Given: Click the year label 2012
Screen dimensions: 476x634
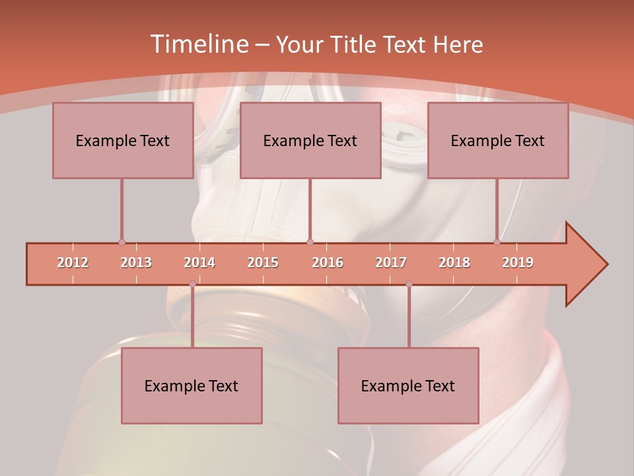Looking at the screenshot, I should (x=73, y=262).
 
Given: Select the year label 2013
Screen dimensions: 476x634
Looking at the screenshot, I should (x=136, y=262).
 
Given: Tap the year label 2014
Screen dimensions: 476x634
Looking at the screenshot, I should (x=199, y=262).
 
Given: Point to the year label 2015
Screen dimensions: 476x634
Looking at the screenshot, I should (x=263, y=262).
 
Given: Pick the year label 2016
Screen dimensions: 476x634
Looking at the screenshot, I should (x=328, y=262).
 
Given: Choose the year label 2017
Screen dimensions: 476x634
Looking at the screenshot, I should (x=391, y=262).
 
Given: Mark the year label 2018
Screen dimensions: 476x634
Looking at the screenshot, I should (x=454, y=262).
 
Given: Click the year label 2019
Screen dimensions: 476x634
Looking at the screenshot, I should (x=518, y=262).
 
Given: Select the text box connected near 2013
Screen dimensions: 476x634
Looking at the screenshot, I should (x=123, y=140).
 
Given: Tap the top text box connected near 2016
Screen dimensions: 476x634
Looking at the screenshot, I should (x=310, y=140).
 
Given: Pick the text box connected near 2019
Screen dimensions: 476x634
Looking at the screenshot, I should (x=498, y=140).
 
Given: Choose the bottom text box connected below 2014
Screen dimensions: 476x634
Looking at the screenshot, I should (x=192, y=385).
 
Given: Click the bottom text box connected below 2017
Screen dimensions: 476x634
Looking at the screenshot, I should (x=408, y=385).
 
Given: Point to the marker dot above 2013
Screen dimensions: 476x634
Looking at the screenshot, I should (x=122, y=243).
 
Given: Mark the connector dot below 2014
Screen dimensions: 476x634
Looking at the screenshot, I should (x=192, y=284).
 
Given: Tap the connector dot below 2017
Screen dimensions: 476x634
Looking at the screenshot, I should (x=409, y=284).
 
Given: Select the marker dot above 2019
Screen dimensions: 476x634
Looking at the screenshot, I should (x=497, y=243).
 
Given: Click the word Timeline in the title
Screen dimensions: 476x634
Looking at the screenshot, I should (x=198, y=44).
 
